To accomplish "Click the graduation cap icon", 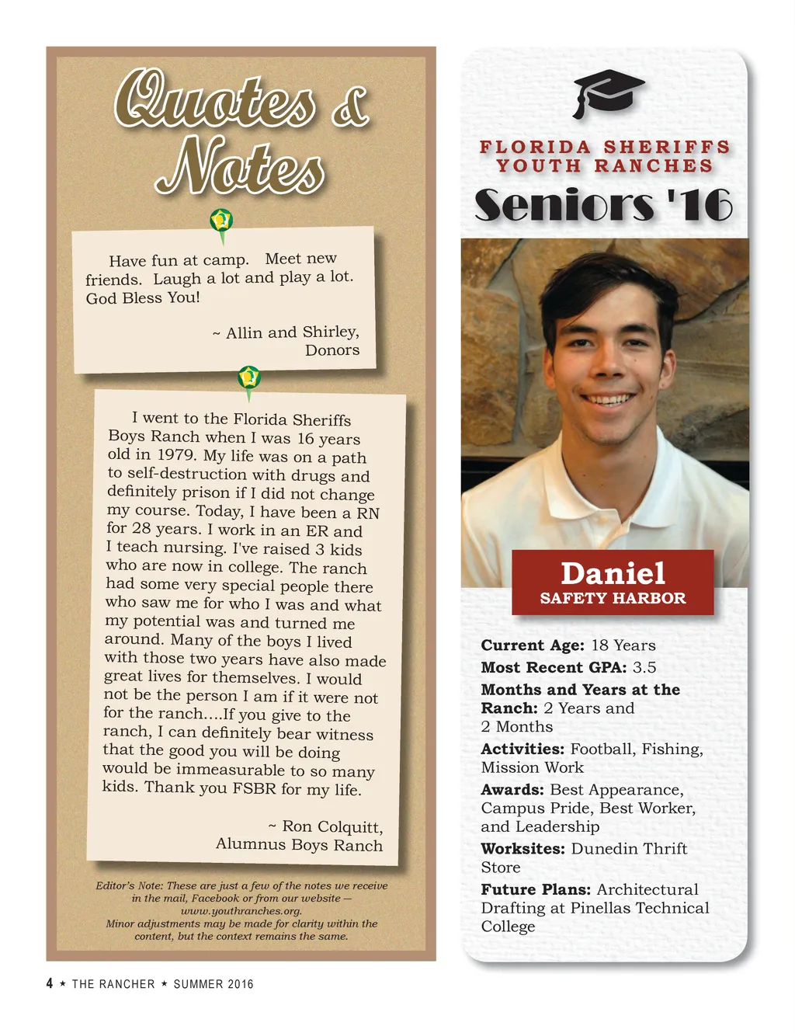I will tap(608, 92).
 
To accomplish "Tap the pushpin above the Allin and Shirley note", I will tap(221, 221).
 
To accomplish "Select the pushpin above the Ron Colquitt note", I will tap(248, 378).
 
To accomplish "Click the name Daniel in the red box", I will tap(613, 573).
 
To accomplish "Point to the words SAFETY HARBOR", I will tap(613, 598).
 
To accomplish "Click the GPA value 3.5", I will tap(644, 667).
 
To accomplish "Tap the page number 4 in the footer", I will tap(50, 983).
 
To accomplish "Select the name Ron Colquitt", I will tap(332, 826).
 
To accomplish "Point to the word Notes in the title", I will tap(241, 166).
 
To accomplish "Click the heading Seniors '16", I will tap(603, 205).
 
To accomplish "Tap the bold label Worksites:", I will tap(522, 848).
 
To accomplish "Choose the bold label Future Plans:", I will tap(536, 889).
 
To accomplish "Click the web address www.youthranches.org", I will tap(241, 911).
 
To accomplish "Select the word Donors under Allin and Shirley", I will tap(332, 350).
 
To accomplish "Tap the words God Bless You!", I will tap(143, 298).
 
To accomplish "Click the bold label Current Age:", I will tap(532, 645).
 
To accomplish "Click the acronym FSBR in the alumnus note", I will tap(254, 788).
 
